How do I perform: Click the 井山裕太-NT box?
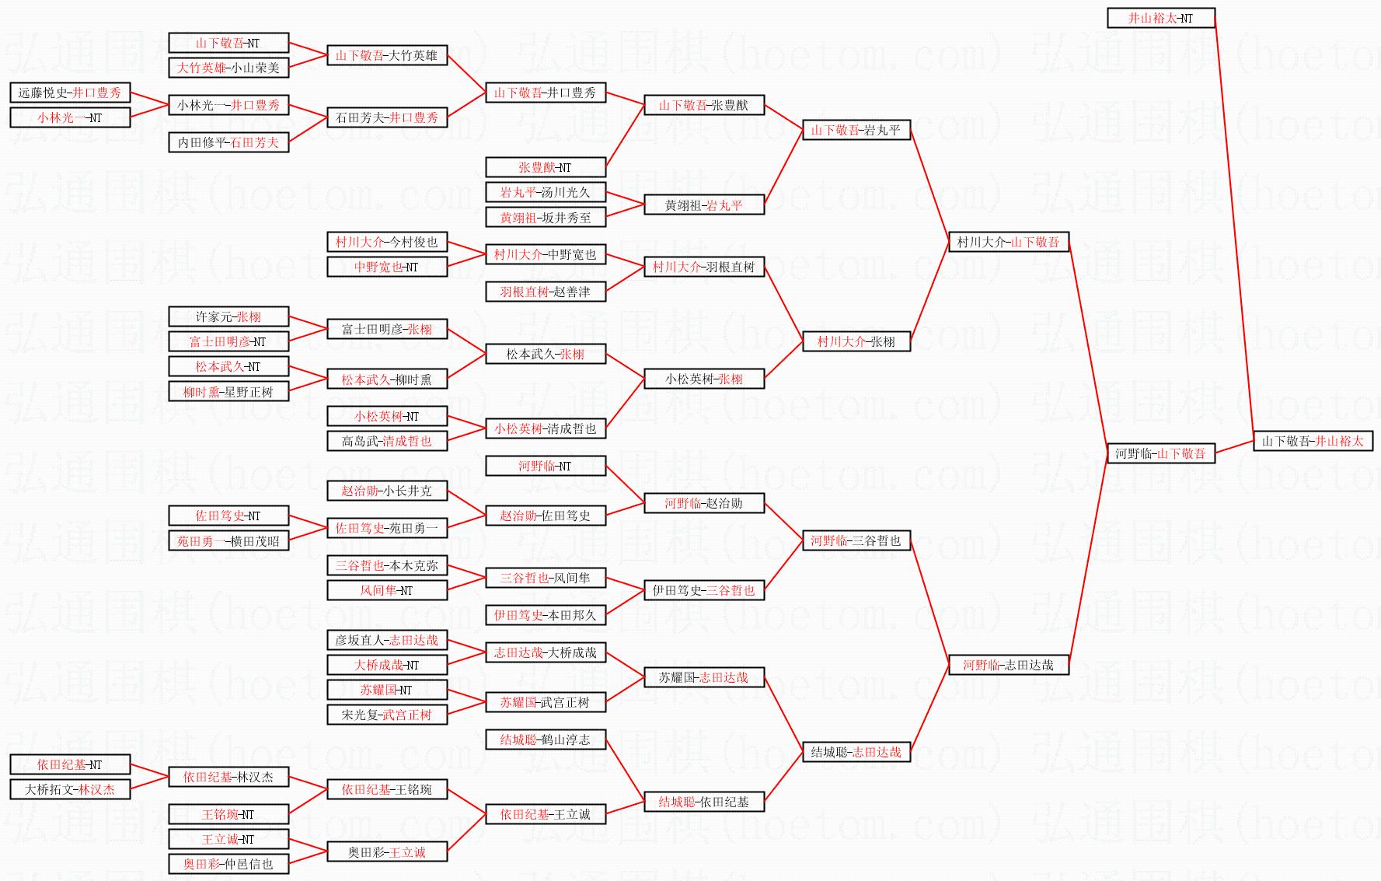pyautogui.click(x=1160, y=18)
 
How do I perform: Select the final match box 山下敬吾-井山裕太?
pyautogui.click(x=1313, y=441)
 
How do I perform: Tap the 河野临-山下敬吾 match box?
pyautogui.click(x=1160, y=453)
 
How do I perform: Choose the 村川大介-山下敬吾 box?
pyautogui.click(x=1008, y=242)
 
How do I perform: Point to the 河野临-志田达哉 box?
pyautogui.click(x=1008, y=665)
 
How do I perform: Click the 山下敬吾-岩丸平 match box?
pyautogui.click(x=856, y=130)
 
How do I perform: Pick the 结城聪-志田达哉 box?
pyautogui.click(x=856, y=752)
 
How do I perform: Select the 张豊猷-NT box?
pyautogui.click(x=545, y=167)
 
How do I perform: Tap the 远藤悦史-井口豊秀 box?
pyautogui.click(x=70, y=93)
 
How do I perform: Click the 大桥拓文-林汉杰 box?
pyautogui.click(x=70, y=789)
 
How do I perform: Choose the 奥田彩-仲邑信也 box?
pyautogui.click(x=228, y=864)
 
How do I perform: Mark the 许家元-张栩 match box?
pyautogui.click(x=228, y=316)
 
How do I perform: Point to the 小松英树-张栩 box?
pyautogui.click(x=703, y=379)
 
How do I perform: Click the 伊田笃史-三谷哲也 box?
pyautogui.click(x=703, y=590)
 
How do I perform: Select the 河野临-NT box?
pyautogui.click(x=545, y=466)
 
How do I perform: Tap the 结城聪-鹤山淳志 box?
pyautogui.click(x=545, y=739)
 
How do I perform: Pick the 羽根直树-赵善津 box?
pyautogui.click(x=545, y=292)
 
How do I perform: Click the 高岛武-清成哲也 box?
pyautogui.click(x=387, y=441)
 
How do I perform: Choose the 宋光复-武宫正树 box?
pyautogui.click(x=387, y=715)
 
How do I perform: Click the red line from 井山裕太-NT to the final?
pyautogui.click(x=1234, y=225)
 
